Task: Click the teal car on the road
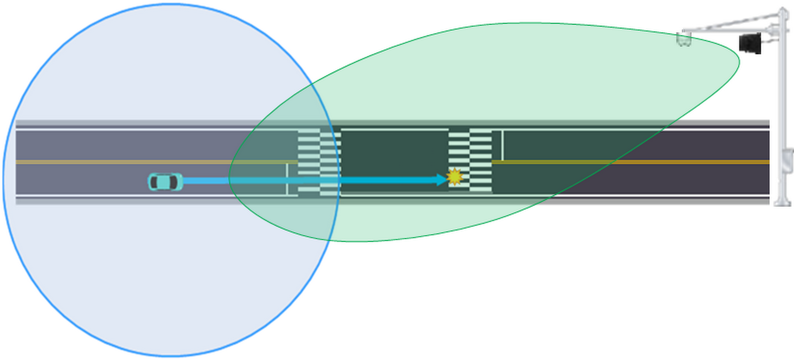click(165, 182)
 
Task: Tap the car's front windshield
click(174, 182)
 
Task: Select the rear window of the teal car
click(154, 182)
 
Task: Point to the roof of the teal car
click(164, 182)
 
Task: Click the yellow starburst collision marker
click(454, 177)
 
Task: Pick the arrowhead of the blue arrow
click(442, 180)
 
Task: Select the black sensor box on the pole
click(750, 43)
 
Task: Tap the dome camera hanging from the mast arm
click(684, 40)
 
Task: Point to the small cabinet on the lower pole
click(787, 161)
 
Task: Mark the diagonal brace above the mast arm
click(732, 23)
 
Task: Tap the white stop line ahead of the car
click(287, 179)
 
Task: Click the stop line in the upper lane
click(502, 145)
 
